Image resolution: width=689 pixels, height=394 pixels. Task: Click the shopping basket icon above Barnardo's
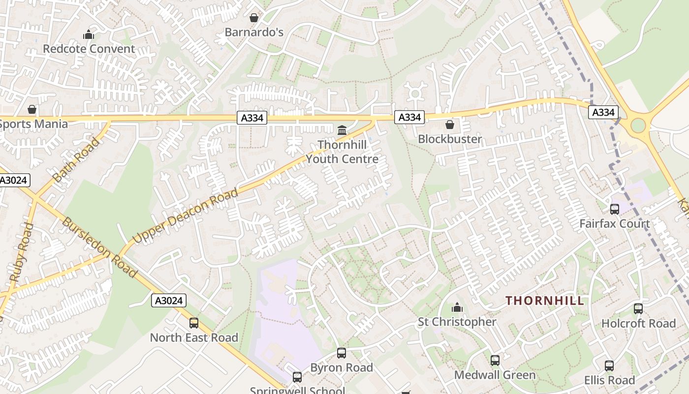point(254,18)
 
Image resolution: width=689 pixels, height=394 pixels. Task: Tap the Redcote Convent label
point(89,49)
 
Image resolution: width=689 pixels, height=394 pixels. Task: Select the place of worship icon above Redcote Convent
point(89,34)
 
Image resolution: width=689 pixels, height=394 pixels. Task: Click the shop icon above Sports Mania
point(32,109)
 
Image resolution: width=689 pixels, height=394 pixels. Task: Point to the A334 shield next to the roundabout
point(603,112)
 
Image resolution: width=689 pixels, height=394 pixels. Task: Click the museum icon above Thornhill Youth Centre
point(342,130)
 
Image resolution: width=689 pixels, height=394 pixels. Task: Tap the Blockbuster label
point(450,139)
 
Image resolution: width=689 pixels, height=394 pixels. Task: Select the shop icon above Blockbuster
point(449,125)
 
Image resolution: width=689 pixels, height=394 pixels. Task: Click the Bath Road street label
point(76,160)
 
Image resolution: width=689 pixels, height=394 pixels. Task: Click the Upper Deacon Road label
point(186,215)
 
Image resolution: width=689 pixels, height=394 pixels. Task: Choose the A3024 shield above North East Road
point(168,300)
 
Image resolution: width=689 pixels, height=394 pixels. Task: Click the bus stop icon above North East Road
point(194,323)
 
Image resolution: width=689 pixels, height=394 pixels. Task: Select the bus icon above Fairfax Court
point(615,209)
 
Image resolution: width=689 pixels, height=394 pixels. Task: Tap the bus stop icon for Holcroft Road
point(638,309)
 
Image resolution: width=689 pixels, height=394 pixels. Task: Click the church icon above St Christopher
point(457,307)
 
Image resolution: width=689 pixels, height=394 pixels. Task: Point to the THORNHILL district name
point(545,300)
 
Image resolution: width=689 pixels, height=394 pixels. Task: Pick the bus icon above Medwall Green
point(495,361)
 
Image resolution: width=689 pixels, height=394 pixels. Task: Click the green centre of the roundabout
point(638,125)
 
